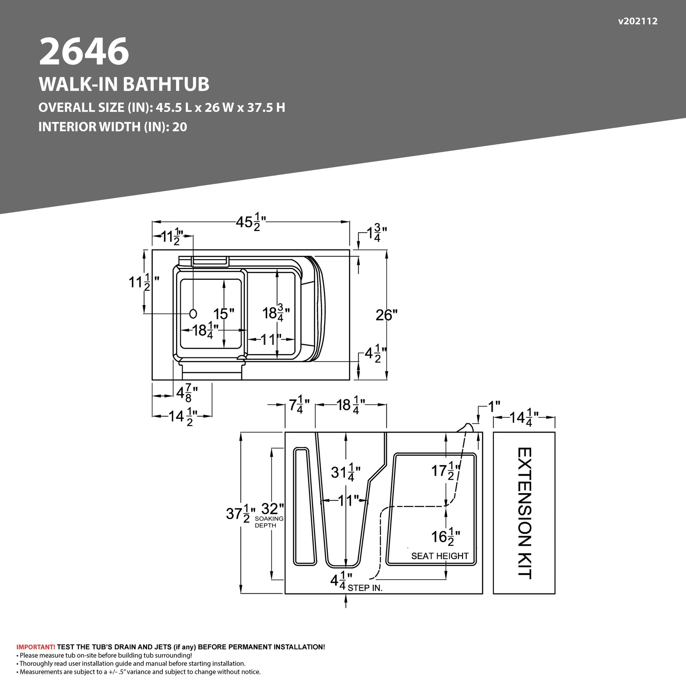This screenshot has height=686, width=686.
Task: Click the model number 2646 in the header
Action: [x=84, y=51]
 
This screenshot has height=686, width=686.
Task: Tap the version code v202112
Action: [x=638, y=21]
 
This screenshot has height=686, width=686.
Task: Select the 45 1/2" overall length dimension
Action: [x=251, y=222]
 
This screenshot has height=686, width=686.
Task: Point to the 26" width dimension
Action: [x=386, y=315]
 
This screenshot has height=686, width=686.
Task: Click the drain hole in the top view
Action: [x=193, y=314]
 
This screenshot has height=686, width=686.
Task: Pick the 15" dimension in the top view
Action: [x=223, y=314]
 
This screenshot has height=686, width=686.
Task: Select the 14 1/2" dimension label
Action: [x=183, y=417]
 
